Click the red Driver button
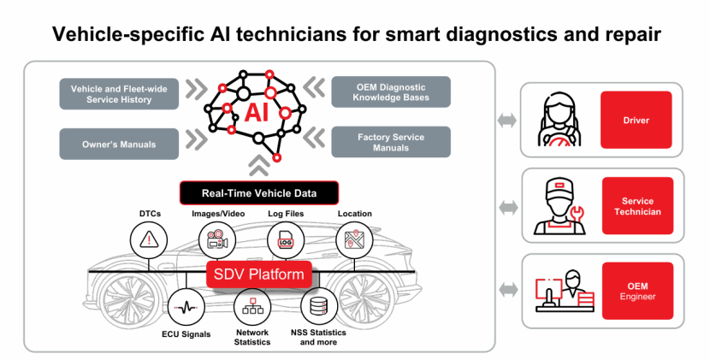[636, 121]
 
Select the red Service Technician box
[636, 207]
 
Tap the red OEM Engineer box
[636, 290]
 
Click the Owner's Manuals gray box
[119, 144]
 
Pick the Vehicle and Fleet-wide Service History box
[119, 94]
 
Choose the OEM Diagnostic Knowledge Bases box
[391, 92]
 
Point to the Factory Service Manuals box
[391, 142]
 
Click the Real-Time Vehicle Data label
[258, 193]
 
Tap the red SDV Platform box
[259, 275]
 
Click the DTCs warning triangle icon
[149, 240]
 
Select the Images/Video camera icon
[217, 240]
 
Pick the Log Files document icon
[286, 240]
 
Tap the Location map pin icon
[354, 240]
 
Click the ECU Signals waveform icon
[186, 305]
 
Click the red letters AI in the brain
[254, 113]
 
